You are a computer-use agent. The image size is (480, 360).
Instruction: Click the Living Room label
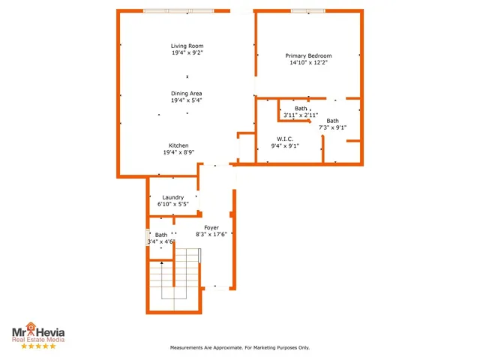pyautogui.click(x=187, y=46)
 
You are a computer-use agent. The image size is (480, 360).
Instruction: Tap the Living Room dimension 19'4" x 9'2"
pyautogui.click(x=187, y=53)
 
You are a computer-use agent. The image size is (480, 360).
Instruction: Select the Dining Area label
pyautogui.click(x=187, y=93)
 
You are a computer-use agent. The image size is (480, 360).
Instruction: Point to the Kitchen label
pyautogui.click(x=178, y=145)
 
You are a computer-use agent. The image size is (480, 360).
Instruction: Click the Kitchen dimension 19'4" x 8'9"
pyautogui.click(x=178, y=152)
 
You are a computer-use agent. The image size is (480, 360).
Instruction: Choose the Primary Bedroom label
pyautogui.click(x=308, y=56)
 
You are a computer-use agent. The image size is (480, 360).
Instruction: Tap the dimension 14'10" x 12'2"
pyautogui.click(x=308, y=63)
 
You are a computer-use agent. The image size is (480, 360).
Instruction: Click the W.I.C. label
pyautogui.click(x=284, y=139)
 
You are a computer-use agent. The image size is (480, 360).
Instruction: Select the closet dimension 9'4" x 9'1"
pyautogui.click(x=284, y=145)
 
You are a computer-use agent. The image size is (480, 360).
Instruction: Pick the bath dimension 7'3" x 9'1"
pyautogui.click(x=332, y=127)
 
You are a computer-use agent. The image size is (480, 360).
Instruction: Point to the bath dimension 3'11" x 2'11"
pyautogui.click(x=301, y=115)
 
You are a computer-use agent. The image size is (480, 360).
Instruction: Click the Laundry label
pyautogui.click(x=173, y=197)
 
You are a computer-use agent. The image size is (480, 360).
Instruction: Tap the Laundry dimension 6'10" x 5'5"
pyautogui.click(x=173, y=204)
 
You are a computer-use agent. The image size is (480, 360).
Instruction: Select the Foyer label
pyautogui.click(x=211, y=227)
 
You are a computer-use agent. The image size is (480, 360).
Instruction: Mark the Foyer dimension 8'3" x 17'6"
pyautogui.click(x=211, y=234)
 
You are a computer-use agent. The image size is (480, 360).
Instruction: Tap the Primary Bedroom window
pyautogui.click(x=307, y=10)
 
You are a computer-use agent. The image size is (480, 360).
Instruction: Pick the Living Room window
pyautogui.click(x=178, y=10)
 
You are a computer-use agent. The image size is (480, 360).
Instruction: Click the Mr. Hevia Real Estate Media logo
pyautogui.click(x=37, y=335)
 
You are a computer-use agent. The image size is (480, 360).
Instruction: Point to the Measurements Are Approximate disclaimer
pyautogui.click(x=240, y=348)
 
